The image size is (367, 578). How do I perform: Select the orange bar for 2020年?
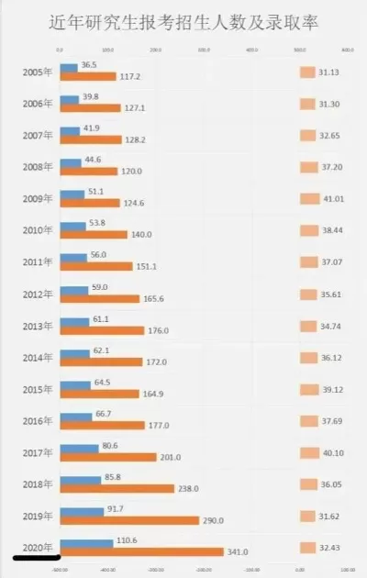[141, 552]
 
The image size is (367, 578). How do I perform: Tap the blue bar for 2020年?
[86, 542]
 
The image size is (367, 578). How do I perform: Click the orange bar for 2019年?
[129, 520]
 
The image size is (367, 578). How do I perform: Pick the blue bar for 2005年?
[69, 66]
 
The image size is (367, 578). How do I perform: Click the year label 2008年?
[37, 166]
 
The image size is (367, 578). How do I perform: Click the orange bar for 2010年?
[92, 235]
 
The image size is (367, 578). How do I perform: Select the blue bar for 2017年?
[79, 447]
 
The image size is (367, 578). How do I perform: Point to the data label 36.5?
[89, 65]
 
